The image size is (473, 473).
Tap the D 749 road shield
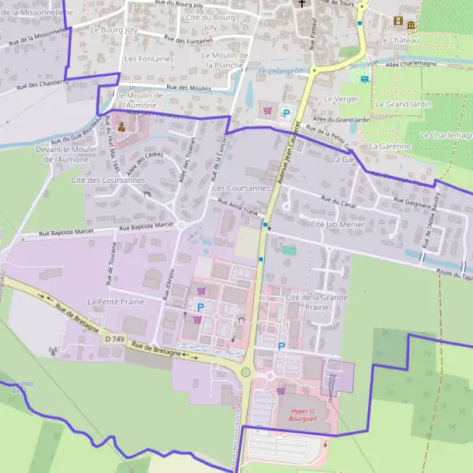113,338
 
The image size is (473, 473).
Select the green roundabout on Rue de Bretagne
246,372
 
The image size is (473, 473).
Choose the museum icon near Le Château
411,21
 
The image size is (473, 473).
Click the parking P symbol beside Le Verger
286,114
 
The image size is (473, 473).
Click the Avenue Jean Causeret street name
287,157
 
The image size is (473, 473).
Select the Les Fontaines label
149,58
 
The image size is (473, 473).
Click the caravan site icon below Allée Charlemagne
363,77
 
